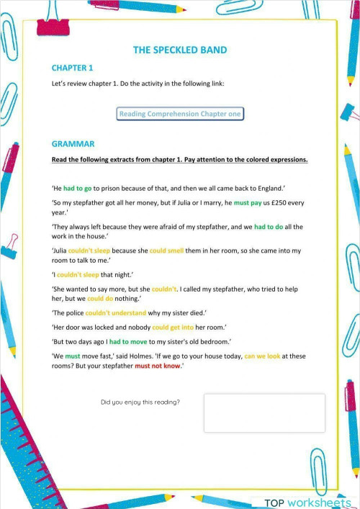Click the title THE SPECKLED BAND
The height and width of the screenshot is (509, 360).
(x=180, y=50)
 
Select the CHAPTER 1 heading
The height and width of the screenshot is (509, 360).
(x=73, y=68)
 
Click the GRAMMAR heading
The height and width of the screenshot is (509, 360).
(x=73, y=144)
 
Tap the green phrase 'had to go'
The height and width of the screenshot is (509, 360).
(x=78, y=189)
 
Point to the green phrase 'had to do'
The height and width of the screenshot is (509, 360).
(x=270, y=227)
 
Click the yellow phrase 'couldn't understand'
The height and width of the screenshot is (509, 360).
(x=115, y=312)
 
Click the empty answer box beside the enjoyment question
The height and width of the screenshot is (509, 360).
(x=264, y=413)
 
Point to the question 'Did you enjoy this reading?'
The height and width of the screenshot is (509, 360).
(x=140, y=402)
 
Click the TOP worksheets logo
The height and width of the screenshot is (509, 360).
(x=307, y=502)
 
